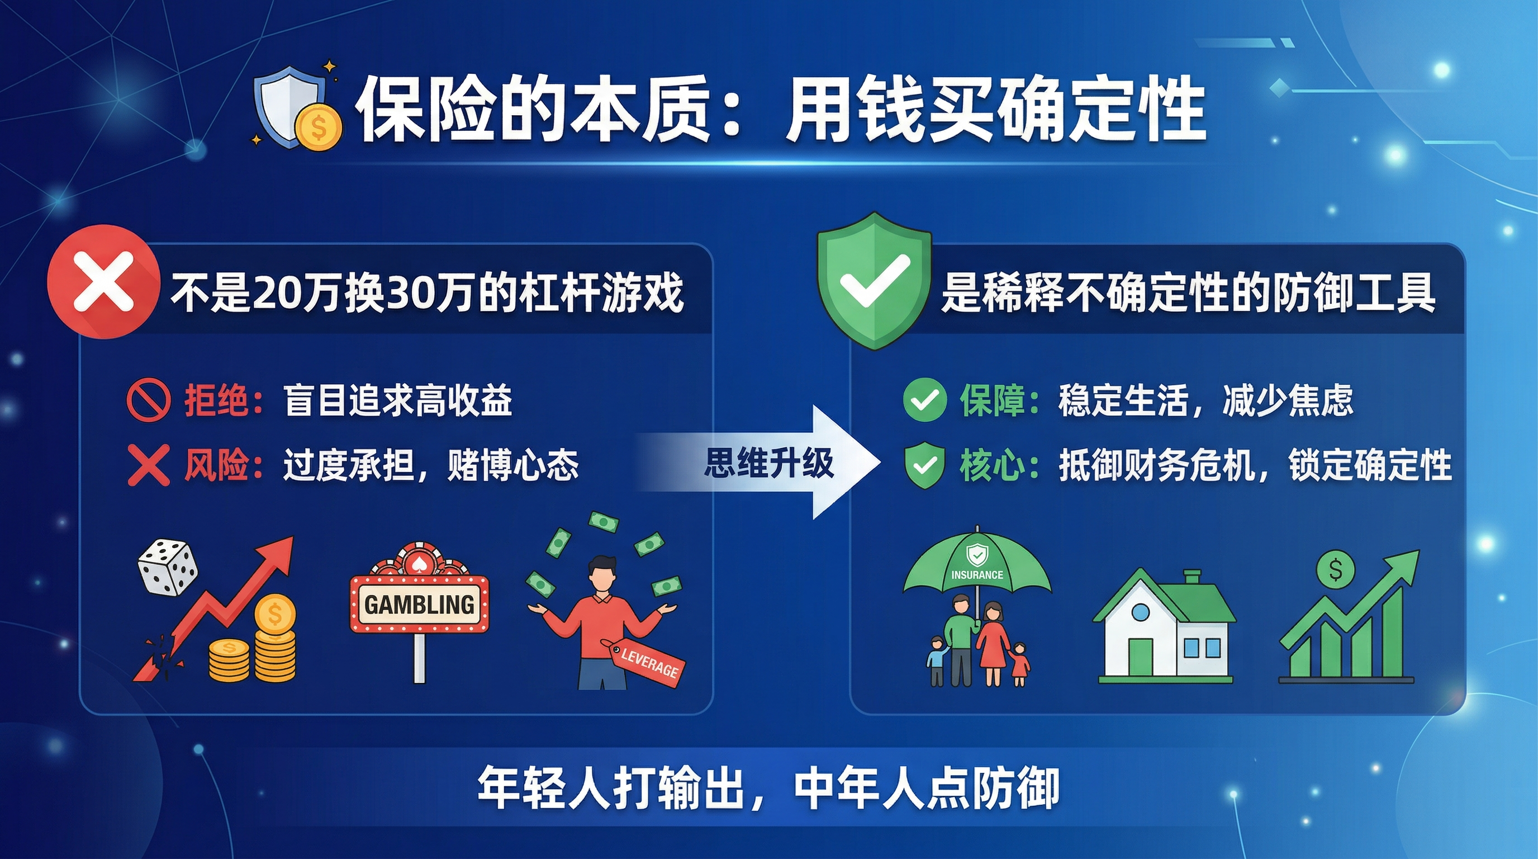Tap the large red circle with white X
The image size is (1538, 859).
tap(103, 282)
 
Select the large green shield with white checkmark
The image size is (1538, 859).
tap(875, 281)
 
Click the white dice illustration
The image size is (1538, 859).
tap(168, 568)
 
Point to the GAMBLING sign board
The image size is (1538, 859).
tap(419, 604)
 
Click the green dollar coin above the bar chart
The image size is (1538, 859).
tap(1336, 570)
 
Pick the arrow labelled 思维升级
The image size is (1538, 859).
tap(758, 462)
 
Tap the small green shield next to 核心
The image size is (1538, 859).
tap(925, 465)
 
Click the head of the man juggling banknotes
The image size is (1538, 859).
tap(602, 575)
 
